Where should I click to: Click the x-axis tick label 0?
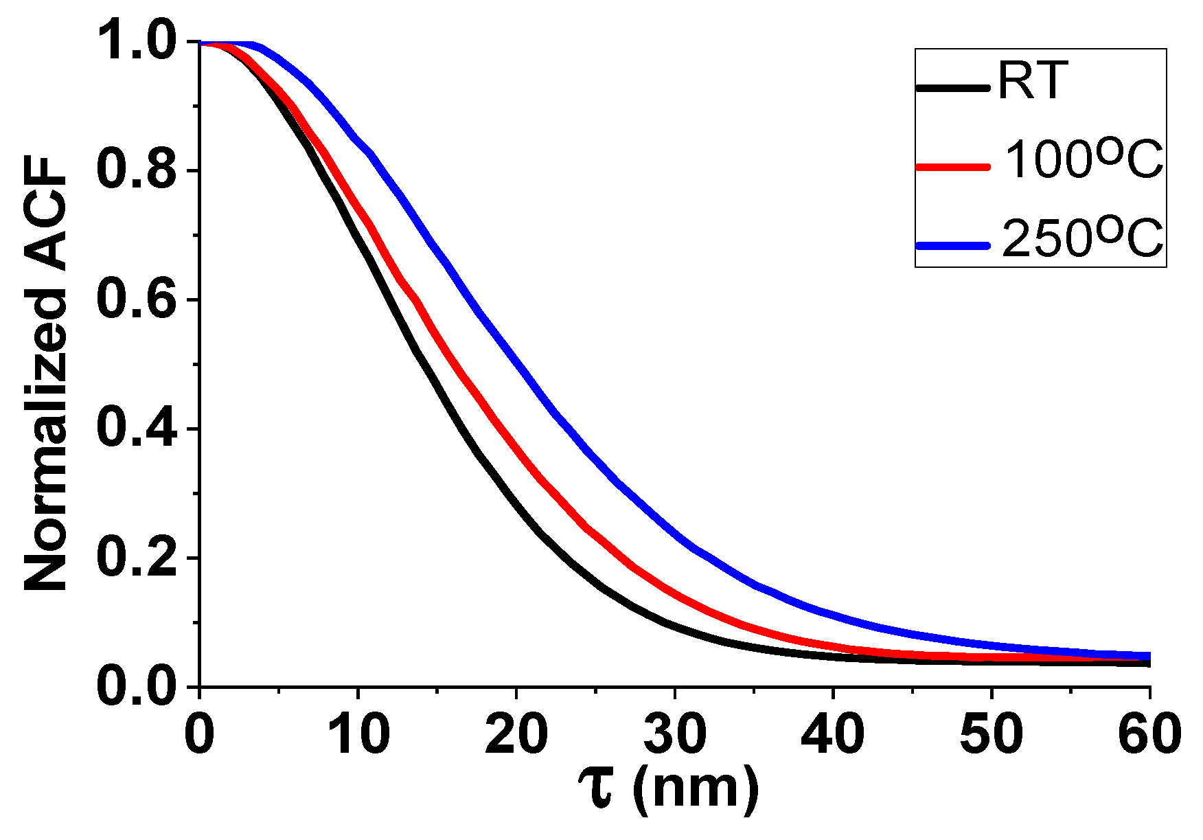[x=199, y=733]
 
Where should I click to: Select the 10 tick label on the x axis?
[x=358, y=733]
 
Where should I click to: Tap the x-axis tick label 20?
[x=516, y=733]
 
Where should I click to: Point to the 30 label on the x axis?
[x=675, y=733]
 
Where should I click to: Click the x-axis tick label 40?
[x=833, y=733]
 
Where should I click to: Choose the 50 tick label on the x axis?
[x=992, y=733]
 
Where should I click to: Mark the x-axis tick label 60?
[x=1149, y=733]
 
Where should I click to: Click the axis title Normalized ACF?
[x=47, y=374]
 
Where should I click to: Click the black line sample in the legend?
[x=953, y=88]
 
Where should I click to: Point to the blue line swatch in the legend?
[x=953, y=245]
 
